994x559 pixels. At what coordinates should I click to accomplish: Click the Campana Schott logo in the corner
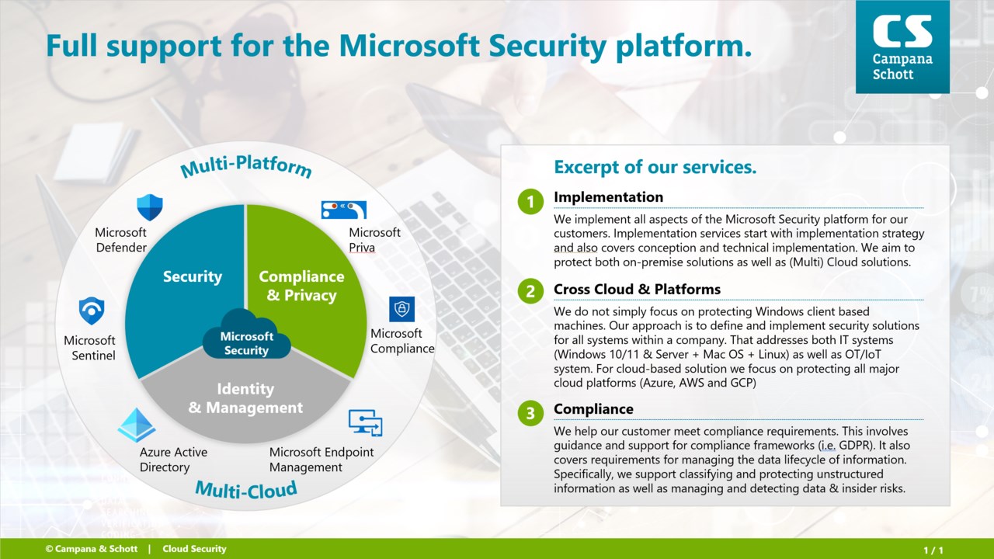point(902,47)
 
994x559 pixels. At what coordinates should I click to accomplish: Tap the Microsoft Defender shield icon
point(150,207)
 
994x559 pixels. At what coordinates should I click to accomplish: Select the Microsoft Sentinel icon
point(92,311)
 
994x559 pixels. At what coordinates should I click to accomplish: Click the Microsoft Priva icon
point(344,210)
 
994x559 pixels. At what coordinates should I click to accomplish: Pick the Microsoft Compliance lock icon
point(401,309)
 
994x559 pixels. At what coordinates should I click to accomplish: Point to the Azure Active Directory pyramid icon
point(137,425)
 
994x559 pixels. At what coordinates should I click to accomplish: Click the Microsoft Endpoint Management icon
point(365,423)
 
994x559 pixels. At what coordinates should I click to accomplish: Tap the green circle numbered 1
point(530,202)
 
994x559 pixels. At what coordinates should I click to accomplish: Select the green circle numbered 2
point(530,291)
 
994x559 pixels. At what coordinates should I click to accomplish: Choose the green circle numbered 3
point(530,413)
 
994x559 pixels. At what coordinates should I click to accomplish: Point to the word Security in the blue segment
point(192,276)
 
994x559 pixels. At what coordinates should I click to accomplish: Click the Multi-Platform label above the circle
point(246,166)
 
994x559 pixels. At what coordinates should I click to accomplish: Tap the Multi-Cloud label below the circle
point(246,489)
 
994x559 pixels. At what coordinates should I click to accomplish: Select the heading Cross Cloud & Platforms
point(637,290)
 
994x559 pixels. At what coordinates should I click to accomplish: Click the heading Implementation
point(608,197)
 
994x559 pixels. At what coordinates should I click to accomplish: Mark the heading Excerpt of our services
point(655,167)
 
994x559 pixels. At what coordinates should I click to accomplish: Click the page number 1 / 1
point(933,550)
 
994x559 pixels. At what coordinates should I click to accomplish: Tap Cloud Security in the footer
point(194,549)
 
